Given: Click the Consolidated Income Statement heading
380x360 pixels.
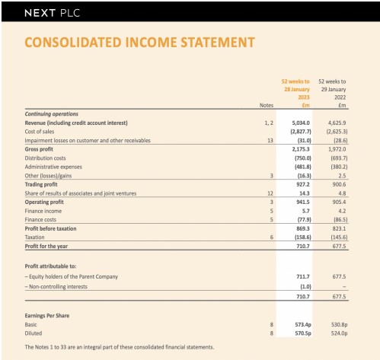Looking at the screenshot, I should (x=139, y=43).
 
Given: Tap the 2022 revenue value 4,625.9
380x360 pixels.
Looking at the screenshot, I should (x=334, y=123).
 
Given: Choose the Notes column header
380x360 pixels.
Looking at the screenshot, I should (x=266, y=106).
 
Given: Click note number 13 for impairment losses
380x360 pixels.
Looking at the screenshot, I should (x=269, y=141).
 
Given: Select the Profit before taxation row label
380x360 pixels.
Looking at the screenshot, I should (x=56, y=228).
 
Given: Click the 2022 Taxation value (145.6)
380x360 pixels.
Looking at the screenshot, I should (x=334, y=237).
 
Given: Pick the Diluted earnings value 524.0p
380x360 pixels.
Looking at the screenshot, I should (x=334, y=333).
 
